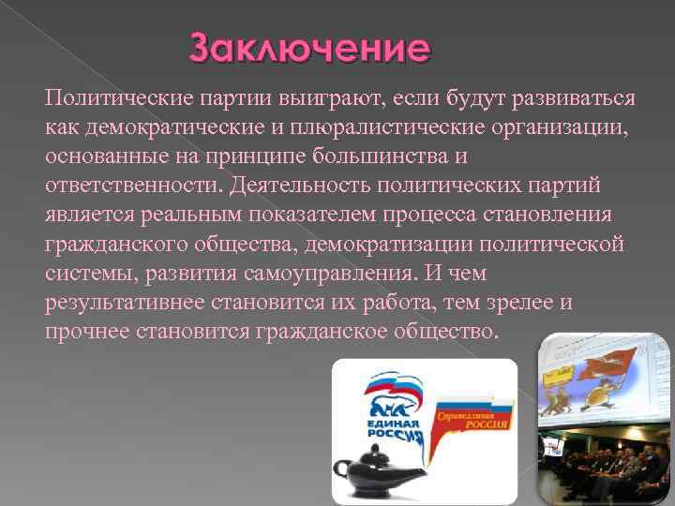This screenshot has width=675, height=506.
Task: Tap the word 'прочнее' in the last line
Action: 86,333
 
